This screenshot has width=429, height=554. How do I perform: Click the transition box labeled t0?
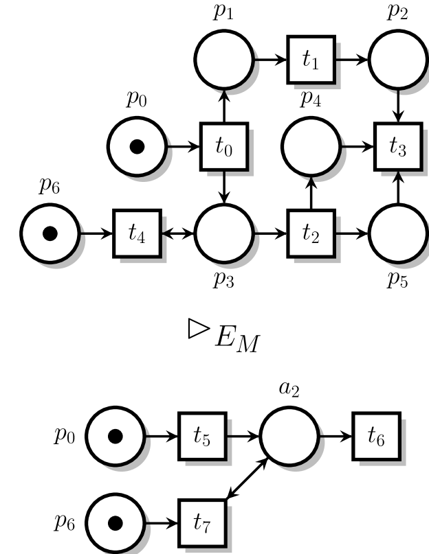click(223, 146)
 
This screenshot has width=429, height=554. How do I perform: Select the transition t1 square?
click(311, 60)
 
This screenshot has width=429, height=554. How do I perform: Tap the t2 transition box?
click(311, 233)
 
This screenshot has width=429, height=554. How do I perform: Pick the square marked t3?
click(398, 146)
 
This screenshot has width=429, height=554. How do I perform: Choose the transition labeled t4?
click(137, 233)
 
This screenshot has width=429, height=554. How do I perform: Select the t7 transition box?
click(202, 522)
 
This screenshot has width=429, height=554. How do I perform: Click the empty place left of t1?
click(223, 60)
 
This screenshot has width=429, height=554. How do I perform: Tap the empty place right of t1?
click(398, 60)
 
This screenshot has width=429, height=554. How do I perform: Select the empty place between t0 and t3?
click(311, 146)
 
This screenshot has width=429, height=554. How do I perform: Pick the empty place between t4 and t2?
click(223, 233)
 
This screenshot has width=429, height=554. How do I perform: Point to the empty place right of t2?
click(398, 233)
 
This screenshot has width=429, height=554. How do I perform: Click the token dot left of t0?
click(137, 146)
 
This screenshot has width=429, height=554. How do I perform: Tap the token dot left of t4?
click(49, 233)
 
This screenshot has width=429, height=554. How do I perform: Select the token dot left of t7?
click(115, 522)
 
